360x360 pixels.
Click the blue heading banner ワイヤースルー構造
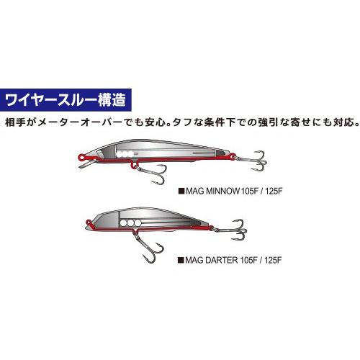pyautogui.click(x=66, y=100)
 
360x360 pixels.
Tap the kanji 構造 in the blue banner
pyautogui.click(x=112, y=100)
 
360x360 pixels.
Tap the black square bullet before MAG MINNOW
pyautogui.click(x=181, y=192)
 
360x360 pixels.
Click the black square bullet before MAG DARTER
pyautogui.click(x=181, y=261)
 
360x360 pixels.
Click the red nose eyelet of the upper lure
pyautogui.click(x=82, y=157)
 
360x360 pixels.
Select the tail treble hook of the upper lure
pyautogui.click(x=254, y=161)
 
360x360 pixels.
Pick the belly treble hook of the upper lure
pyautogui.click(x=151, y=173)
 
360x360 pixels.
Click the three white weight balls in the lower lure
pyautogui.click(x=130, y=223)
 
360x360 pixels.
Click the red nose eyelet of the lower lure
pyautogui.click(x=89, y=222)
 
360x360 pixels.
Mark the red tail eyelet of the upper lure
pyautogui.click(x=232, y=156)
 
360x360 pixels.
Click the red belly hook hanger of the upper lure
pyautogui.click(x=135, y=163)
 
